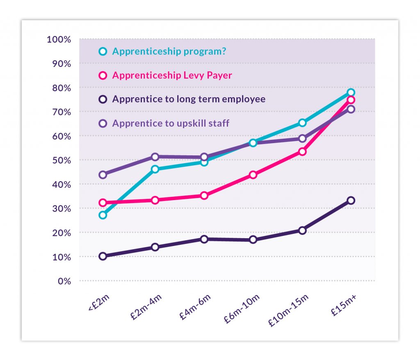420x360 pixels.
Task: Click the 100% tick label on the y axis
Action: (x=59, y=39)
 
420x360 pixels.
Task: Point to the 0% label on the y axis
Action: (x=64, y=281)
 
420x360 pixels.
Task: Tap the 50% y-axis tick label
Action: (x=62, y=160)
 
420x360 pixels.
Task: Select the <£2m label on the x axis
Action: (x=99, y=303)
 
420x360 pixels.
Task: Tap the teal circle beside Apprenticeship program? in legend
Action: (x=103, y=51)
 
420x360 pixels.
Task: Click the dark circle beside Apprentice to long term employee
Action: (x=103, y=99)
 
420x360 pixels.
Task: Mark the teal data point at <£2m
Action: (x=103, y=215)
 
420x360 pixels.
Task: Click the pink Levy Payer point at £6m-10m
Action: (x=253, y=175)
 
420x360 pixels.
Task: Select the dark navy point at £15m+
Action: (x=351, y=201)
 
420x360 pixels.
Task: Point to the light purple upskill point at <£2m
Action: (x=103, y=175)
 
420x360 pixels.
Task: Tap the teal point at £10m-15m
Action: (x=303, y=123)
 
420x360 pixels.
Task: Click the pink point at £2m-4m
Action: (x=155, y=200)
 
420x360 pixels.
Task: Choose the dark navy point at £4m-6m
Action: (x=204, y=239)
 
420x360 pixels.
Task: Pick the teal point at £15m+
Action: (x=351, y=92)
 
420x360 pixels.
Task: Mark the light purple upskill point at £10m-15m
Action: (x=303, y=139)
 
